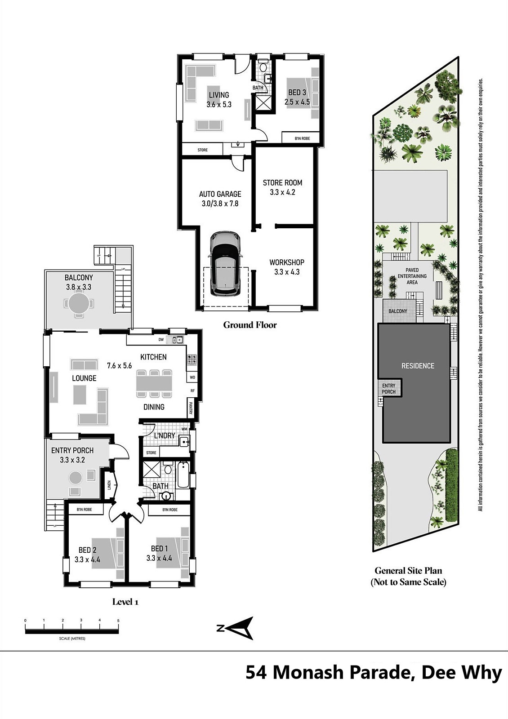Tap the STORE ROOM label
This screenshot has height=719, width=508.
(x=283, y=182)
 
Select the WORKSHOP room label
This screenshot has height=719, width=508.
(x=287, y=262)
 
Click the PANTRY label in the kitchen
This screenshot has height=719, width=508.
(x=191, y=408)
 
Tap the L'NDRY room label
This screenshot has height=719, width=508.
(x=165, y=435)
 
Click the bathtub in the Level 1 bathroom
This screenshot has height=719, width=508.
(x=183, y=475)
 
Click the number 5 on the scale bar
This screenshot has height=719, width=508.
(x=118, y=621)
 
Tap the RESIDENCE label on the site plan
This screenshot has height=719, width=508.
(x=418, y=366)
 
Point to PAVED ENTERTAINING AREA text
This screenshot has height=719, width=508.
(x=412, y=276)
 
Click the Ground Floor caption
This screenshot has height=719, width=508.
(x=250, y=325)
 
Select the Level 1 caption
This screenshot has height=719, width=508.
(x=125, y=602)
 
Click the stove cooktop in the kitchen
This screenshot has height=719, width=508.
(x=192, y=359)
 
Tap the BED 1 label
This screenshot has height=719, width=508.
(x=159, y=548)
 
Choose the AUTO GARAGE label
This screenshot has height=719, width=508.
(x=220, y=194)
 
